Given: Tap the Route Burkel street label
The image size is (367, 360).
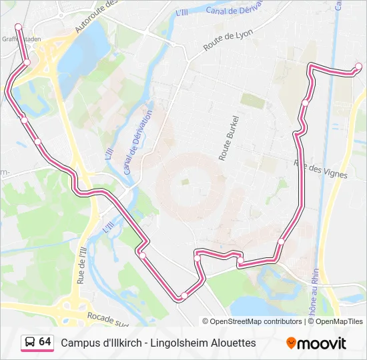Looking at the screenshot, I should pos(228,137).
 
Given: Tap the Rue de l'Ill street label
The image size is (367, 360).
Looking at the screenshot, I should pos(82,265).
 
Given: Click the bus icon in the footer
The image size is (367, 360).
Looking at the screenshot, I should pos(30,342).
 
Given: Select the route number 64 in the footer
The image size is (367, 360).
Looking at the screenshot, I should pos(45,342).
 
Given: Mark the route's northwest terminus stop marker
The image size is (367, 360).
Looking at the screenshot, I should pos(18,27).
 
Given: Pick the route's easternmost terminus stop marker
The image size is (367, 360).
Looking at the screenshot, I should pos(358,66).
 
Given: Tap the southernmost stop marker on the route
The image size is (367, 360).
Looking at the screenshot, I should pos(184,295).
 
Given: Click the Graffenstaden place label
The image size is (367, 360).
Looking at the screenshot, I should pos(20,39).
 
